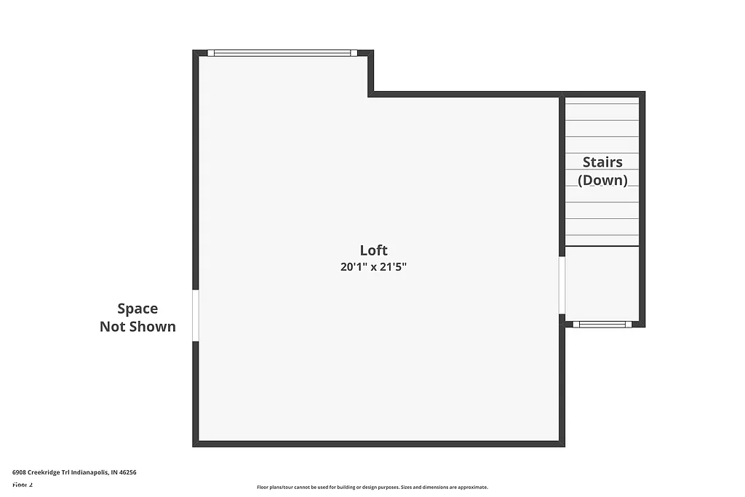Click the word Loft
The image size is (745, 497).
click(x=373, y=250)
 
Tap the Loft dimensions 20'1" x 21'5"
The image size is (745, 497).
click(x=373, y=267)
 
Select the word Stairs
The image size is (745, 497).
click(x=602, y=162)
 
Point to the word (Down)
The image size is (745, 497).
click(x=602, y=180)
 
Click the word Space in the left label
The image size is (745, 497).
click(x=138, y=309)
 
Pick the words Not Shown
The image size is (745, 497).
click(x=138, y=327)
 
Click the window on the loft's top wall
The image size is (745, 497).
click(x=282, y=53)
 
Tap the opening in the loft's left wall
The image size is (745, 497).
click(x=196, y=315)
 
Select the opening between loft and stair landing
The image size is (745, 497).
click(x=562, y=285)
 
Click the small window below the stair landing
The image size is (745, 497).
click(x=602, y=325)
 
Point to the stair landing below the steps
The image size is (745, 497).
click(x=602, y=284)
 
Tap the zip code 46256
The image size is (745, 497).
click(x=128, y=472)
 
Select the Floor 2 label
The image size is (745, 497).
click(x=23, y=485)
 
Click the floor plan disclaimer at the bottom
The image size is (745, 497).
click(x=372, y=488)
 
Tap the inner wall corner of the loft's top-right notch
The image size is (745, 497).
click(x=371, y=94)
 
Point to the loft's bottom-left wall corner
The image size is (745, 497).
click(x=196, y=443)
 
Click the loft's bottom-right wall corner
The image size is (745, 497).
click(x=562, y=443)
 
